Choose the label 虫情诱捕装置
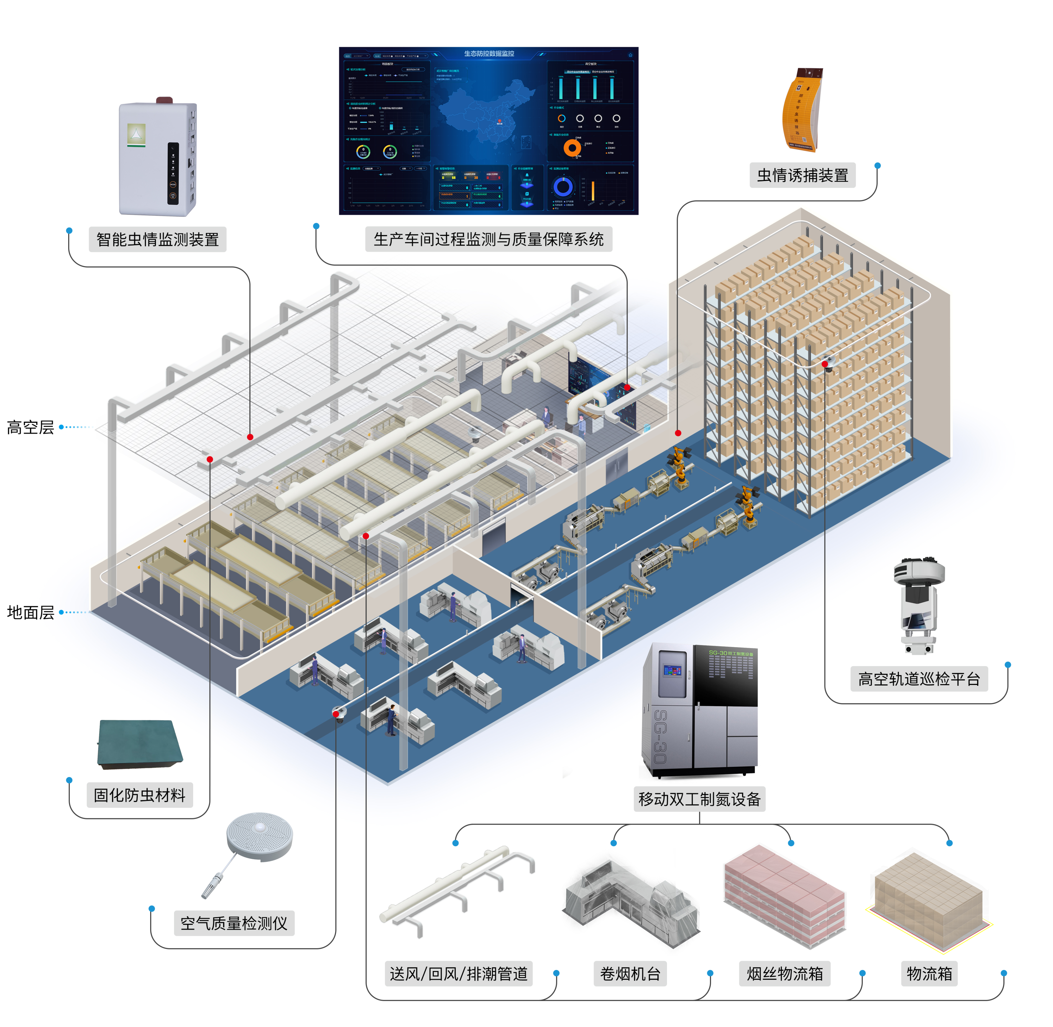(x=802, y=175)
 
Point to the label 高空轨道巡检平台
(x=919, y=679)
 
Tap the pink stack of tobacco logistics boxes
(x=784, y=895)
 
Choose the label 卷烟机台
(x=630, y=974)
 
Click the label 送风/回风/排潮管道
(x=458, y=974)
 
